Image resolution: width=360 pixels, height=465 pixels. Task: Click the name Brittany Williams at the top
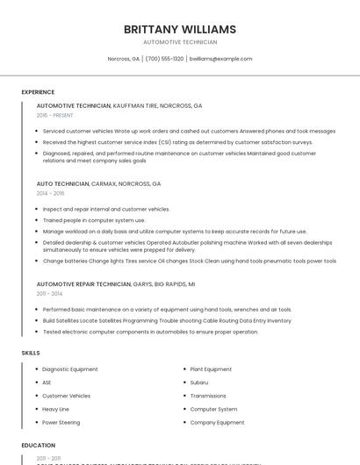[180, 29]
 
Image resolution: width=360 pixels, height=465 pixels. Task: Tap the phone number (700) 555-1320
[164, 59]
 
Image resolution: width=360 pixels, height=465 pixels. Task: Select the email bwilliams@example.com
[220, 59]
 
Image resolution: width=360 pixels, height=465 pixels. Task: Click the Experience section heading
[38, 92]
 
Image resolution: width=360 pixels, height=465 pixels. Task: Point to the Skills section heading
[31, 353]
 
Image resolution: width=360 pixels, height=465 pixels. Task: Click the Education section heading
[39, 445]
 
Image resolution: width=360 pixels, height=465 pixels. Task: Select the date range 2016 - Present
[54, 115]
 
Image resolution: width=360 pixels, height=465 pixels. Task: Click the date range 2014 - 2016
[50, 193]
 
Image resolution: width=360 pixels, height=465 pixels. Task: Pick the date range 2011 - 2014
[49, 294]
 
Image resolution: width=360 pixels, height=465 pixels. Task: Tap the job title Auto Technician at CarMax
[62, 184]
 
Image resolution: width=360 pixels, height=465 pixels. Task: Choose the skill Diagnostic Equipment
[70, 369]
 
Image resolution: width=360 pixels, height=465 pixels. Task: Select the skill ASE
[47, 383]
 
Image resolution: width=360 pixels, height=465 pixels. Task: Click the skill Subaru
[199, 383]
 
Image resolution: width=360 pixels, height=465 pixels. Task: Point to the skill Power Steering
[61, 422]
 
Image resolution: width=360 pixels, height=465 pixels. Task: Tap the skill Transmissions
[208, 396]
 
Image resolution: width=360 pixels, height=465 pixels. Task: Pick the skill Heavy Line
[55, 409]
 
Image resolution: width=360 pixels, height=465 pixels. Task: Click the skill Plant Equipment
[211, 369]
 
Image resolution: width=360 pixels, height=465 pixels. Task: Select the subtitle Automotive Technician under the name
[180, 42]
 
